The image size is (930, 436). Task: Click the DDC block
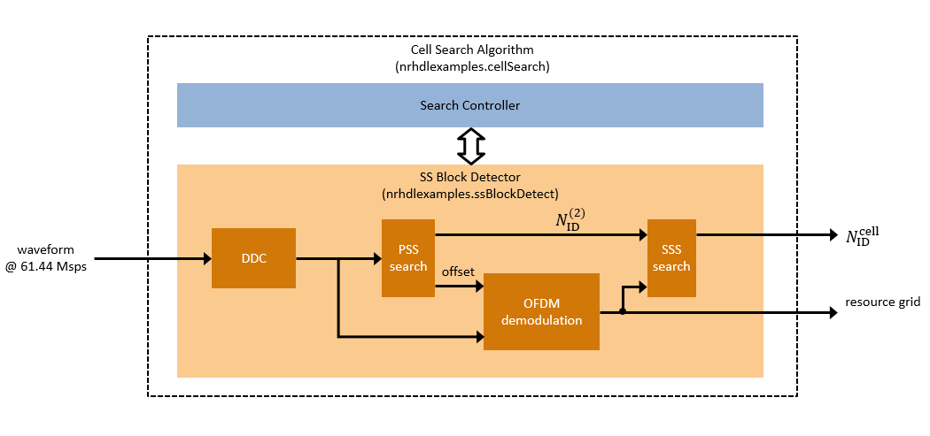[253, 258]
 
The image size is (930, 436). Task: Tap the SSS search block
[671, 258]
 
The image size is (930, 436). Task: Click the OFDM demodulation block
[541, 311]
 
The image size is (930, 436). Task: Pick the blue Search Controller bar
[469, 105]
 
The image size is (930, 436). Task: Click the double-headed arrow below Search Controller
[470, 144]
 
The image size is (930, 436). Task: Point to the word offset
[459, 272]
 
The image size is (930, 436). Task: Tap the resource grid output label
[881, 302]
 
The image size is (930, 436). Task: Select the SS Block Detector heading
[469, 177]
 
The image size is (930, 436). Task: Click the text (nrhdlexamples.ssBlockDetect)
[469, 193]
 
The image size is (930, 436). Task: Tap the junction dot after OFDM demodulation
[623, 312]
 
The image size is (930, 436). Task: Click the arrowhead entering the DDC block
[206, 259]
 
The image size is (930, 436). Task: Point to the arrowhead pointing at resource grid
[832, 312]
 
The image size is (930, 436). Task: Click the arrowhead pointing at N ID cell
[832, 235]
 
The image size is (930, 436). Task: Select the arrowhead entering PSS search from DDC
[376, 259]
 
